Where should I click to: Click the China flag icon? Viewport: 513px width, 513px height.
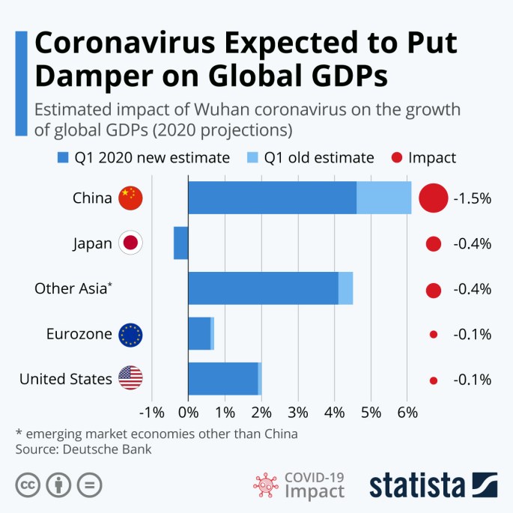click(130, 198)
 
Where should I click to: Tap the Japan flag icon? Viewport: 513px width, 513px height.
click(130, 243)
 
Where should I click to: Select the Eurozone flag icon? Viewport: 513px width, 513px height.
click(130, 335)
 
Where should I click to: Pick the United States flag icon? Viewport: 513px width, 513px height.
click(130, 379)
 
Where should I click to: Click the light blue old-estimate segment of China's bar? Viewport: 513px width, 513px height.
click(384, 198)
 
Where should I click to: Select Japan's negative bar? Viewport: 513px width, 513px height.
click(180, 243)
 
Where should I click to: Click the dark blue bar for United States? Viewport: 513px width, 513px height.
click(222, 379)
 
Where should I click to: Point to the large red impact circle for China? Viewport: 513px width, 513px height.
click(433, 198)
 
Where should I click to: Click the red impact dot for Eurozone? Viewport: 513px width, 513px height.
click(433, 335)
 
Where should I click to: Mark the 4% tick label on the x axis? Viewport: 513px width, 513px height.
click(333, 412)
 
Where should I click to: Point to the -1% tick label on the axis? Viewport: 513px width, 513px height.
click(151, 412)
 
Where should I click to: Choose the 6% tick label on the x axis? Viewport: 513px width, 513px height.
click(407, 412)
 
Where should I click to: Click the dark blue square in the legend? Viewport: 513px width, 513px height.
click(63, 158)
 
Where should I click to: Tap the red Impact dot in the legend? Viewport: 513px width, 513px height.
click(396, 158)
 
